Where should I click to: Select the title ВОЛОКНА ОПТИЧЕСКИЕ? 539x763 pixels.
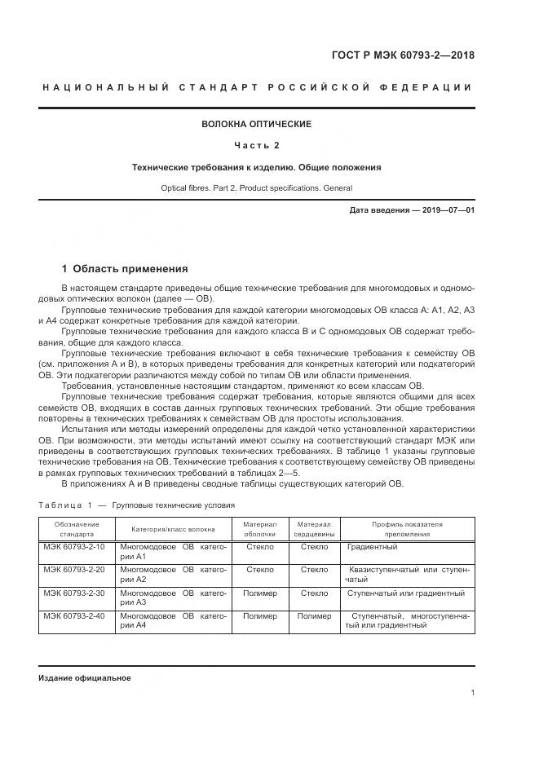[257, 124]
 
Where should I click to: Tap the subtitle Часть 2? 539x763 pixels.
[257, 145]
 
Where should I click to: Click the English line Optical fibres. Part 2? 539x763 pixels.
[257, 188]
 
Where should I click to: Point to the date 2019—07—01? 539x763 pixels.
[445, 210]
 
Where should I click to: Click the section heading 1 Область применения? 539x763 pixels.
[125, 268]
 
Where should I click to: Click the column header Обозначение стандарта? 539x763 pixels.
[77, 529]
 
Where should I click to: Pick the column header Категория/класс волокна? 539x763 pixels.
[174, 528]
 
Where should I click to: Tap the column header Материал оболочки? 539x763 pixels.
[260, 529]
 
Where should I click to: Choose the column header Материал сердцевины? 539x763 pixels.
[314, 529]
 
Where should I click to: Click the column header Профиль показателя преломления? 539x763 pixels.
[407, 529]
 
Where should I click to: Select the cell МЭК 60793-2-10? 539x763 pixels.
[75, 547]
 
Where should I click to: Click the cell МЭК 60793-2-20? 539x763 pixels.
[75, 570]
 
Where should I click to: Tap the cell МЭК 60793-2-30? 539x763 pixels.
[75, 593]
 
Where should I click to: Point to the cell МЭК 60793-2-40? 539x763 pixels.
[75, 616]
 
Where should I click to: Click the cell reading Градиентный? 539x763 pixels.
[373, 547]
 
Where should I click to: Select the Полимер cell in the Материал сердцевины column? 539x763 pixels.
[314, 616]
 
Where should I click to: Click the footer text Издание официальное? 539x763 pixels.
[84, 678]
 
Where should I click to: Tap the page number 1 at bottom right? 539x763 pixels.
[473, 693]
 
